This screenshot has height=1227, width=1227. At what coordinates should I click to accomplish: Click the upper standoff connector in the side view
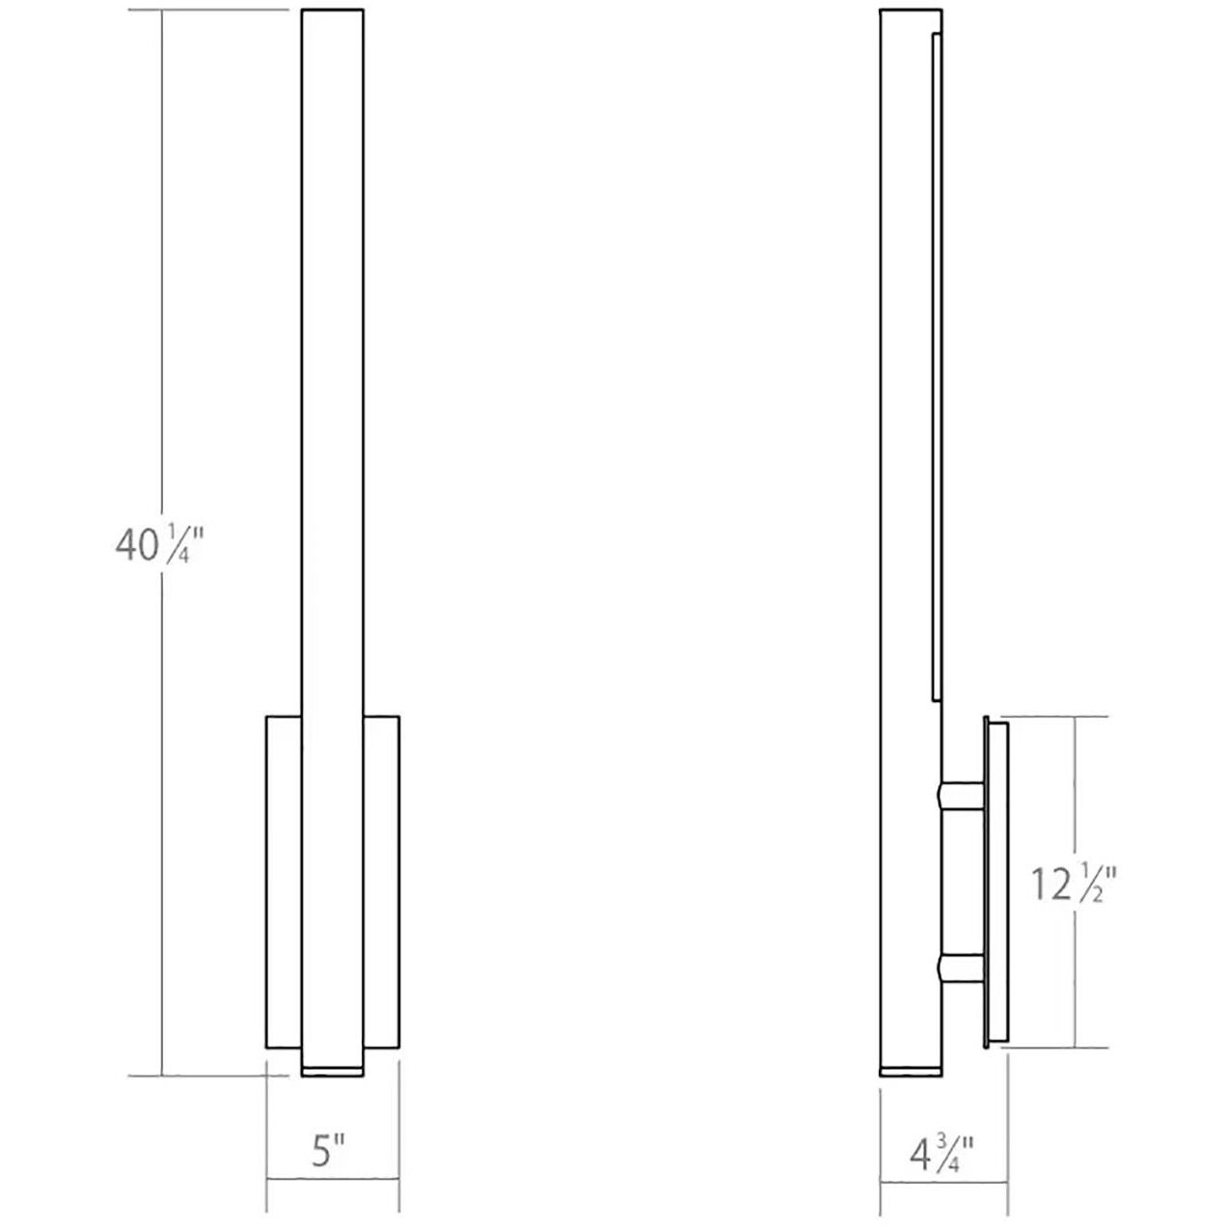[x=959, y=795]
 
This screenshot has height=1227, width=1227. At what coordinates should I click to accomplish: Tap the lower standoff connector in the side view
[x=959, y=968]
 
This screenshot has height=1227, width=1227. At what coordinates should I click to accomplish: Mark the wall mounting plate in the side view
[x=995, y=883]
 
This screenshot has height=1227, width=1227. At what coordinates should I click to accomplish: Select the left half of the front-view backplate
[x=284, y=883]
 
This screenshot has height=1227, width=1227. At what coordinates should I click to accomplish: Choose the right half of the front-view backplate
[x=382, y=883]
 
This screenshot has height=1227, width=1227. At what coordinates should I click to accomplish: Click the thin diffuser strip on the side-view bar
[x=936, y=367]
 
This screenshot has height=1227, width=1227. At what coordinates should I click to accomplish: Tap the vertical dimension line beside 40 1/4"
[x=161, y=289]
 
